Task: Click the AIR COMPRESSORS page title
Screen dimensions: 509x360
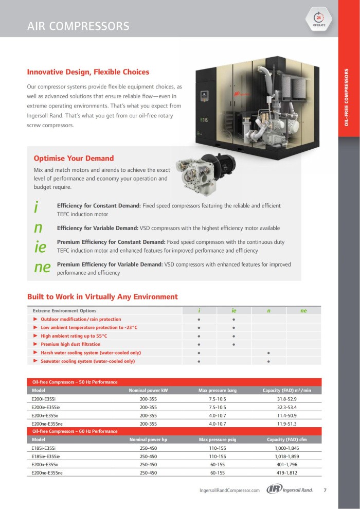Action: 78,26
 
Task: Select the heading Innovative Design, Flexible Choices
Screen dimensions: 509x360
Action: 88,72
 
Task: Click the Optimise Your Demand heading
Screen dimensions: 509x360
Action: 74,158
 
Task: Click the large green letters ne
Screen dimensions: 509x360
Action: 42,267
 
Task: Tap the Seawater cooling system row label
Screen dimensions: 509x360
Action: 87,361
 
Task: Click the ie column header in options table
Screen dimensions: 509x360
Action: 233,311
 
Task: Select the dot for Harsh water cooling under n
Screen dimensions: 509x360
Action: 268,353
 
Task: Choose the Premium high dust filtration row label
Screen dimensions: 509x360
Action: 70,344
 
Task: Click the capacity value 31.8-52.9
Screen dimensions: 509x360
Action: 286,399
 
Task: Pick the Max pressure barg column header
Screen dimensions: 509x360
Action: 218,391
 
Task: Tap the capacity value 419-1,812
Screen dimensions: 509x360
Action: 286,472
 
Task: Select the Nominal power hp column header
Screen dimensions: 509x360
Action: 148,440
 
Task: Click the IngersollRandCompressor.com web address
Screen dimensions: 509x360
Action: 229,490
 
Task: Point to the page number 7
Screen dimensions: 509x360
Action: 325,490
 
